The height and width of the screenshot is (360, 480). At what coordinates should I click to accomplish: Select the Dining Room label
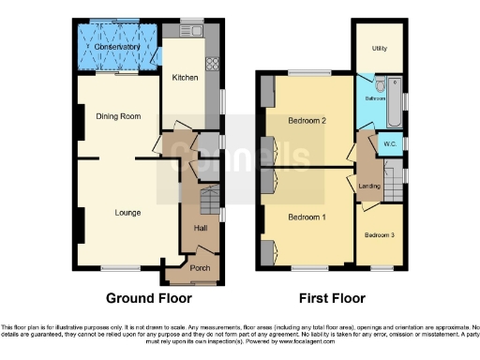[118, 116]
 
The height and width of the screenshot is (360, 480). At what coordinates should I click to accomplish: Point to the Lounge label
[127, 213]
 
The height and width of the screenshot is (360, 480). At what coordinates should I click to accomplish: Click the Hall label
[200, 228]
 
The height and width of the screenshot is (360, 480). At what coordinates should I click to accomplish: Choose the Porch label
[200, 267]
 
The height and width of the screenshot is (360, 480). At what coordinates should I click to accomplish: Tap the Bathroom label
[376, 97]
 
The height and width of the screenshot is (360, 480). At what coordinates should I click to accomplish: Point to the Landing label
[369, 187]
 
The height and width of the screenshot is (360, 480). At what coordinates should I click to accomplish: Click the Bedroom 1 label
[307, 217]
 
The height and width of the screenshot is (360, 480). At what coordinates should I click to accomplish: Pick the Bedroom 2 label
[307, 121]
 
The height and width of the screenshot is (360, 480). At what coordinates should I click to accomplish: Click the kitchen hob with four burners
[212, 64]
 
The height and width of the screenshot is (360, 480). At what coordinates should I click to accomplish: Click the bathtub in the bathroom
[395, 101]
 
